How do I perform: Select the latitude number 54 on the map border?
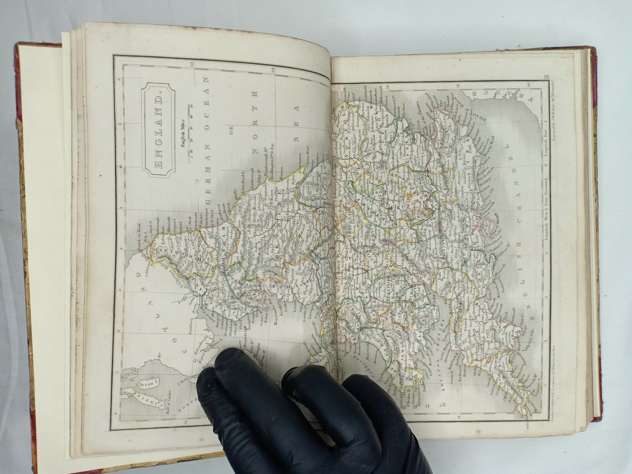point(273,71)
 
